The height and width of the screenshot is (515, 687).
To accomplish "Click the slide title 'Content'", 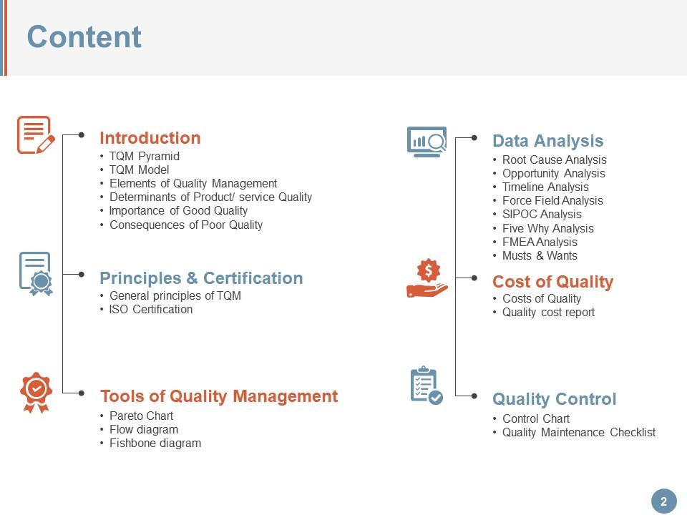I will [84, 37].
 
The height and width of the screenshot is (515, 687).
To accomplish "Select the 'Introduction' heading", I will [150, 138].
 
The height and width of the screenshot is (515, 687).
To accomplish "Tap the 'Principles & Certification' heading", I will [201, 278].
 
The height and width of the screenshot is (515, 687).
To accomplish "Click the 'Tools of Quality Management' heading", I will [219, 396].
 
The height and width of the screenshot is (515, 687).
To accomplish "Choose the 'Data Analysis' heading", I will [547, 141].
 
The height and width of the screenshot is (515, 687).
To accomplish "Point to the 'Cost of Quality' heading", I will [552, 282].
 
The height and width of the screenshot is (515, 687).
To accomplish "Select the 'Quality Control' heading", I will [554, 399].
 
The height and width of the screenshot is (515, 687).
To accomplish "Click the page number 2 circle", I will [663, 501].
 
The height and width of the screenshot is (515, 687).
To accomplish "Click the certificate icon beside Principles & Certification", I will [36, 273].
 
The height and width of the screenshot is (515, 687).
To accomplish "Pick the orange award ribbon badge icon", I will [36, 391].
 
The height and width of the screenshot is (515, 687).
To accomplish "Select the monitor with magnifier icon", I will [427, 141].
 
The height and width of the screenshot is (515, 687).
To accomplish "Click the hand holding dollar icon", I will [427, 278].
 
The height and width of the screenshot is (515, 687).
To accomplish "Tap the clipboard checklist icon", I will [426, 386].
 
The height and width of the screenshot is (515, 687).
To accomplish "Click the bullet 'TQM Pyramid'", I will [144, 157].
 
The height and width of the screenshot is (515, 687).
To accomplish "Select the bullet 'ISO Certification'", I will [150, 310].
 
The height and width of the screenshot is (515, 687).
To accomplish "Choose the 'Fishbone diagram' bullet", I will [155, 443].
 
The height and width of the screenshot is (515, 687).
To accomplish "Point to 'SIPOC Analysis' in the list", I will [542, 215].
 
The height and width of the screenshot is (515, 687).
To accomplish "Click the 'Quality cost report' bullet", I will [548, 313].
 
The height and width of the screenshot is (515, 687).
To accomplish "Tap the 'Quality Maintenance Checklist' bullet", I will [578, 433].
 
